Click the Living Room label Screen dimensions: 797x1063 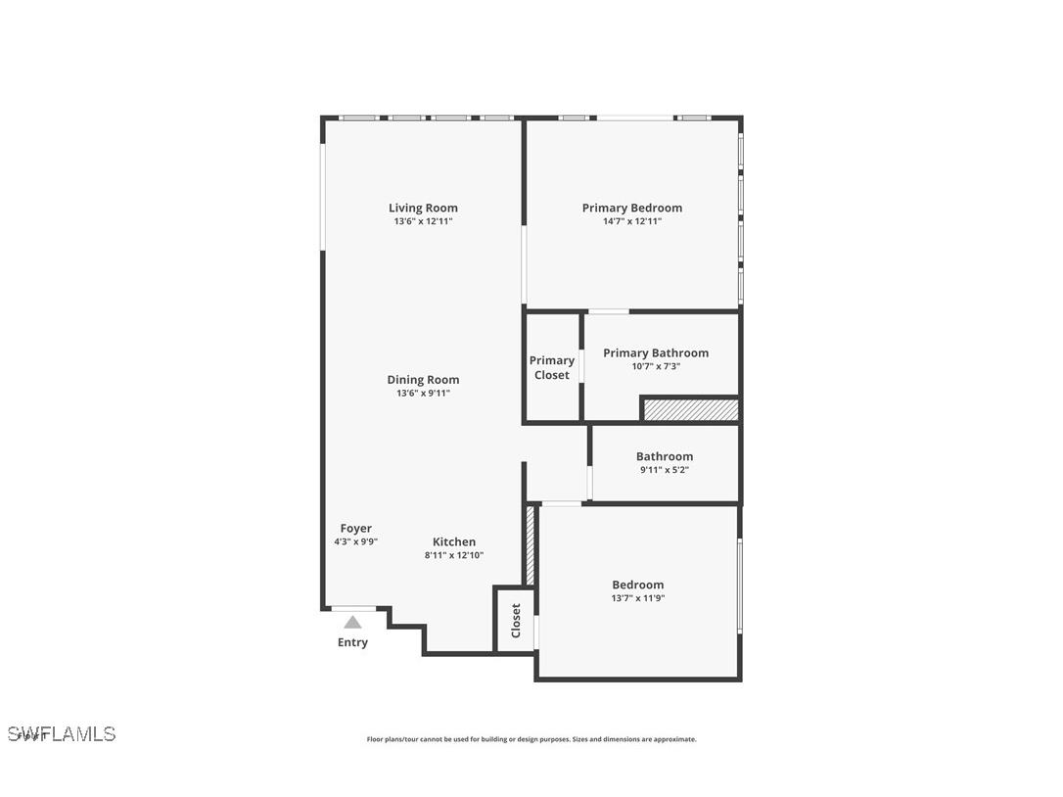423,208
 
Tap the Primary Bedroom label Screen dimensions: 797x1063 631,208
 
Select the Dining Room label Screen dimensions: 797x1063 423,380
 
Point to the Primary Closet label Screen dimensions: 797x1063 552,367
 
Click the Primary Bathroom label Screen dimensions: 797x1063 656,352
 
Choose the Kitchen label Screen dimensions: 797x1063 454,541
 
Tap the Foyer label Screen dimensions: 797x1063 356,529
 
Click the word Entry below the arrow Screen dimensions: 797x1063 352,642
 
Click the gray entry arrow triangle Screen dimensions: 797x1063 352,622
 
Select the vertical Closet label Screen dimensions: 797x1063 516,620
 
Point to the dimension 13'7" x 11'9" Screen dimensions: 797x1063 638,598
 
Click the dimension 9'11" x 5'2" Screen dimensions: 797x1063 665,470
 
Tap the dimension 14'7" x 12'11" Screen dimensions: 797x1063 632,221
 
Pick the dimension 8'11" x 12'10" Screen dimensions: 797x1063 454,555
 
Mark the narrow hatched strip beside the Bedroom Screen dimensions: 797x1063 531,545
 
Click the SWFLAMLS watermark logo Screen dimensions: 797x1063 62,733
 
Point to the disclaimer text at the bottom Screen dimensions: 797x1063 531,739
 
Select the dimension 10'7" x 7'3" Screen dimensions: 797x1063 656,366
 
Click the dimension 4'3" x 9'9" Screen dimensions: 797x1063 356,541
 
